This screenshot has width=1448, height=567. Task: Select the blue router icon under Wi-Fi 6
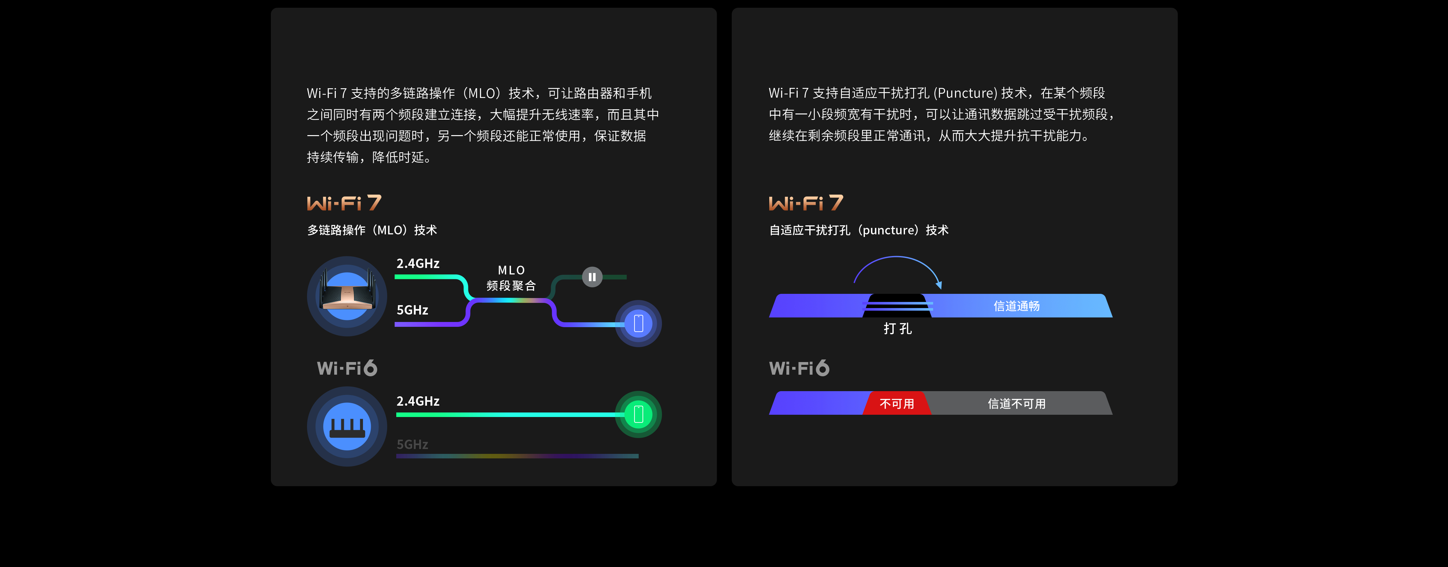[347, 426]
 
